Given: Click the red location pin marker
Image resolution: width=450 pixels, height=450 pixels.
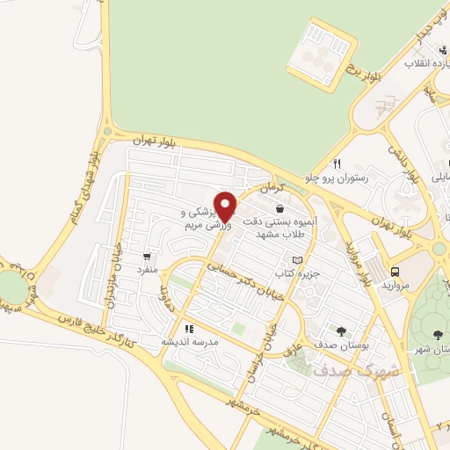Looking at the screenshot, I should [x=225, y=207].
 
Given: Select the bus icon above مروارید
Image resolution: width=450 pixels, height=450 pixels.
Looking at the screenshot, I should [x=395, y=272].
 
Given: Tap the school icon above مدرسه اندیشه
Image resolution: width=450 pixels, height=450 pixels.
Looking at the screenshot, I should [x=188, y=329].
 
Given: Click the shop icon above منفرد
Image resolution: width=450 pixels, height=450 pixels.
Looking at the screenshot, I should [x=147, y=257].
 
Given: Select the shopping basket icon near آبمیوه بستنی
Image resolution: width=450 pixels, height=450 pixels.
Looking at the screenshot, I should [x=279, y=209].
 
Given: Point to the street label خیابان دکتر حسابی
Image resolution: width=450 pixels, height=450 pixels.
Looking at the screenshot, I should [x=238, y=272].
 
